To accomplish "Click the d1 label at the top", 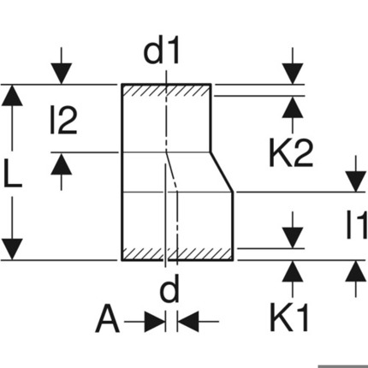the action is (x=162, y=53).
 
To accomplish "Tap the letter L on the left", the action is (x=13, y=174).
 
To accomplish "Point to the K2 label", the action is (x=291, y=152).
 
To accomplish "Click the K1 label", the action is (x=289, y=318).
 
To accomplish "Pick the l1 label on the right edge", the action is (x=357, y=224).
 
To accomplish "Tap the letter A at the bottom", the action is (x=107, y=318).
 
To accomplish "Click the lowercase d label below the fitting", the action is (x=169, y=288).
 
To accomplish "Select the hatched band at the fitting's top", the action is (x=166, y=91).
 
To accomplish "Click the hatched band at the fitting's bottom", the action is (x=177, y=253).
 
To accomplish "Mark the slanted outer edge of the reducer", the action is (x=223, y=172).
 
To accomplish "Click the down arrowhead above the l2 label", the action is (x=62, y=74).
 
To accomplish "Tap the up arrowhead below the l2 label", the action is (x=62, y=163).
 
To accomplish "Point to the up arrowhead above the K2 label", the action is (x=293, y=107).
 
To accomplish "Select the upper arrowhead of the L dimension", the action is (x=12, y=95).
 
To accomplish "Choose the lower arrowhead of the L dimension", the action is (x=12, y=249).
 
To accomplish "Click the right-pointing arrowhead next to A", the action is (x=155, y=322).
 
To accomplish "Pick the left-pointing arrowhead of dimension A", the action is (x=188, y=322).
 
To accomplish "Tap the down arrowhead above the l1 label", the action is (x=356, y=181).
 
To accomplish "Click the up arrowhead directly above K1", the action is (x=293, y=271).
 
